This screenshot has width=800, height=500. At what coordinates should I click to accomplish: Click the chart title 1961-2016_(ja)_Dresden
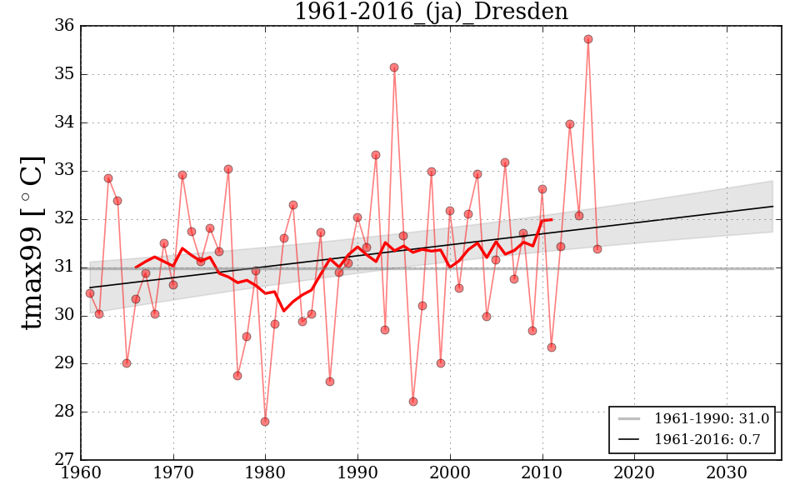[431, 12]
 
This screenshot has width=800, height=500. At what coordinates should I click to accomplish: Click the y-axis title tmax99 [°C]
[32, 242]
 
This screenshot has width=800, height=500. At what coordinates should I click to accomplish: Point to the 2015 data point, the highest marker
[588, 39]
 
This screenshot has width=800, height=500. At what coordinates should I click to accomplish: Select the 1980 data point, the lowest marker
[265, 422]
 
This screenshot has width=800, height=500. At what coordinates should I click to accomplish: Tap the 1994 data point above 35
[394, 67]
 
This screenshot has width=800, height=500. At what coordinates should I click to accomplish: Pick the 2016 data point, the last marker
[597, 249]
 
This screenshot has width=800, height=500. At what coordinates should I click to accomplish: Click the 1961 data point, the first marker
[90, 293]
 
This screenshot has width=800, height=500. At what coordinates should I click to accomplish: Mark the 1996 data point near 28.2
[413, 402]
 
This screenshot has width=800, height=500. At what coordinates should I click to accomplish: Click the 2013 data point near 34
[570, 124]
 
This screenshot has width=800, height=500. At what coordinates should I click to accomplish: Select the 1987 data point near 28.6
[330, 382]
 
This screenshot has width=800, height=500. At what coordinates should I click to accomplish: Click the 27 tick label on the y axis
[65, 460]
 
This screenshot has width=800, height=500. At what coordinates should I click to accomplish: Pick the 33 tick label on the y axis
[65, 171]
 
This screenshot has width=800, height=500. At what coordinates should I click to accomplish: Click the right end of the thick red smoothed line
[552, 219]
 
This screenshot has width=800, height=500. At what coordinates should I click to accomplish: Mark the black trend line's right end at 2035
[772, 206]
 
